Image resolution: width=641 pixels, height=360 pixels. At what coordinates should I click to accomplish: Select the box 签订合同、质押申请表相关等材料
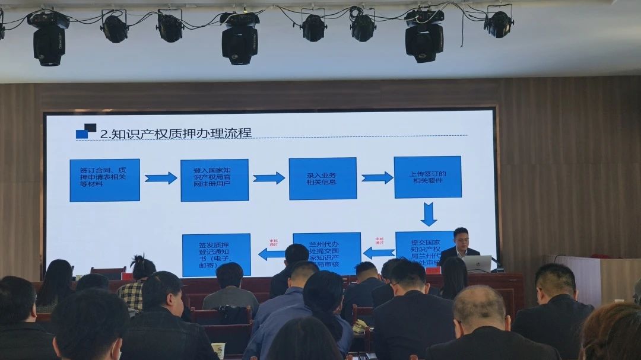pos(104,180)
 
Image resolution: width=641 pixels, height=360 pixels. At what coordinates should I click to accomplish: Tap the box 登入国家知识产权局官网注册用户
pos(214,180)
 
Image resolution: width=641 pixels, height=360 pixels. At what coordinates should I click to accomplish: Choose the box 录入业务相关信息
pos(322,178)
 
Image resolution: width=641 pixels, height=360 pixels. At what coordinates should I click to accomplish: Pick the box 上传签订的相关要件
pos(427,177)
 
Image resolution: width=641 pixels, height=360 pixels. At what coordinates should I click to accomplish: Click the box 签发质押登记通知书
pos(216,254)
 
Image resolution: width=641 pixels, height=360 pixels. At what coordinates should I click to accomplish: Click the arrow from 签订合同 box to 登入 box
pos(160,178)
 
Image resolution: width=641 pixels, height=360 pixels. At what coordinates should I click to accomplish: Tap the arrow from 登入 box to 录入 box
pos(268,178)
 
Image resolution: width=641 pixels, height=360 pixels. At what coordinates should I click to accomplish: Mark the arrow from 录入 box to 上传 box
pos(377,177)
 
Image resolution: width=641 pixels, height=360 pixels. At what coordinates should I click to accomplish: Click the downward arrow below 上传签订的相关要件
pos(428,214)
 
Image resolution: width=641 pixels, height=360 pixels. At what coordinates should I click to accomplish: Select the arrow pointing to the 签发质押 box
pos(272,254)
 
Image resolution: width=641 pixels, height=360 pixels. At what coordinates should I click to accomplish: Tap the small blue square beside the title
pos(82,134)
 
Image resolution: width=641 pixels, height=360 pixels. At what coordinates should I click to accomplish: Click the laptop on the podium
pos(478,263)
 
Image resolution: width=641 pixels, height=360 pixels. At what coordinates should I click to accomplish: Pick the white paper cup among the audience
pos(218,351)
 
